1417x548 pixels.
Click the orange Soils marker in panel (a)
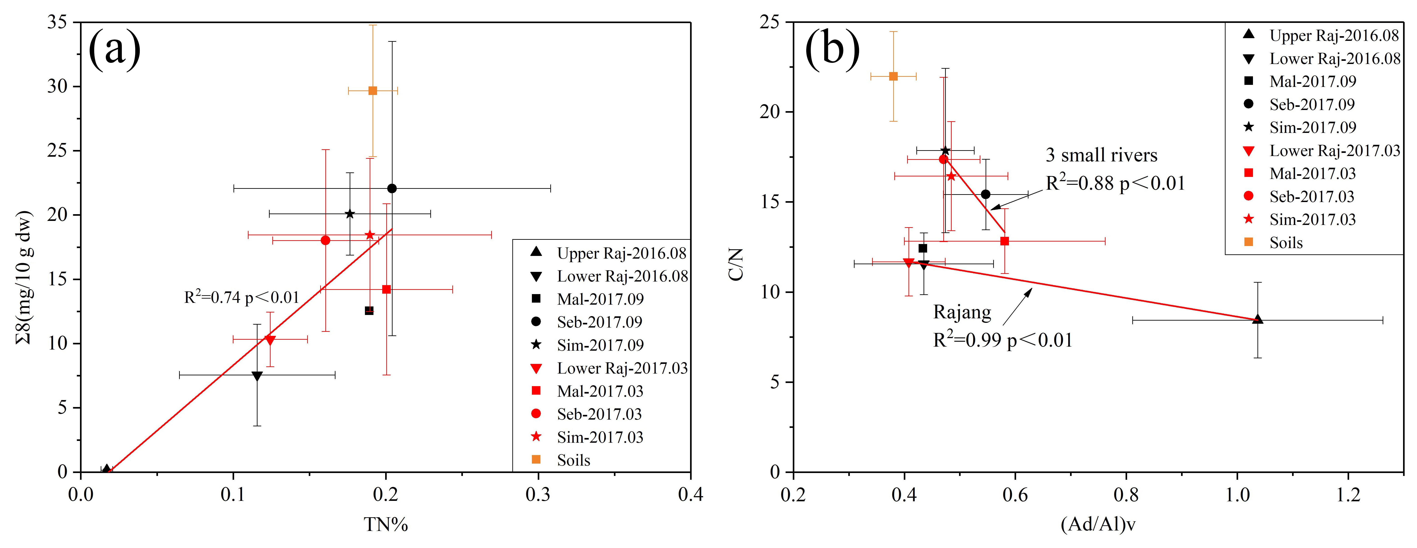[x=372, y=91]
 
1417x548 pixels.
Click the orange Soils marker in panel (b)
[x=893, y=76]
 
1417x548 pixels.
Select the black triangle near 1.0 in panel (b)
[x=1257, y=319]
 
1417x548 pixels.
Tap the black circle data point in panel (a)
[x=392, y=189]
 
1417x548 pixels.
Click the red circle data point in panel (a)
[x=326, y=240]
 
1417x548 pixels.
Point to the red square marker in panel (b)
[x=1004, y=241]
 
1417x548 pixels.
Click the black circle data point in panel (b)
[x=986, y=194]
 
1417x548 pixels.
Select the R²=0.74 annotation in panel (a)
[x=242, y=297]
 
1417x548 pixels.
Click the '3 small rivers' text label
[x=1101, y=156]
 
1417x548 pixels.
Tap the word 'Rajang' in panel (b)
[x=962, y=312]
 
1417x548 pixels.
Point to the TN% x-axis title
[x=386, y=525]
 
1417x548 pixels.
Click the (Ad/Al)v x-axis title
[x=1098, y=525]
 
